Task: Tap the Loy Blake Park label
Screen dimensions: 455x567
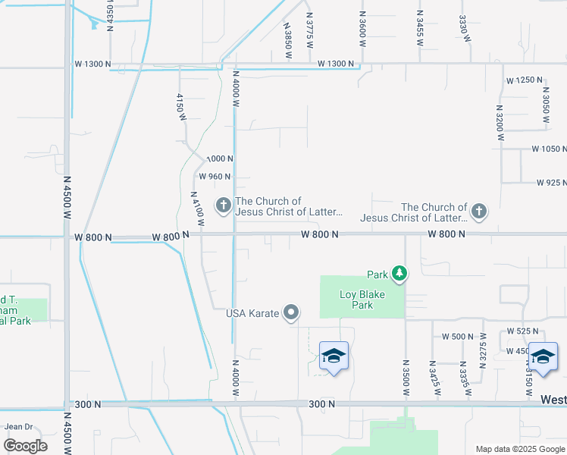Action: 356,300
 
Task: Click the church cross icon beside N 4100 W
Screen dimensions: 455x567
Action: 224,206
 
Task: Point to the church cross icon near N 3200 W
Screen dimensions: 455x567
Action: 478,212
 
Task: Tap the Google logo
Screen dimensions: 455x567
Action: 25,446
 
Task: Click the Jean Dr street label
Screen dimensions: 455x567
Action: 18,426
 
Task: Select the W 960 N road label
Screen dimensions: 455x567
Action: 215,177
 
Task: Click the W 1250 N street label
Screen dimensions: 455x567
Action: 525,80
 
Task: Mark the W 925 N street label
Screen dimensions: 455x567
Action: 551,183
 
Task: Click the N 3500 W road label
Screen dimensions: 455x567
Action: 405,377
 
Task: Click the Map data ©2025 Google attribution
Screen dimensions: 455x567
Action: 519,449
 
